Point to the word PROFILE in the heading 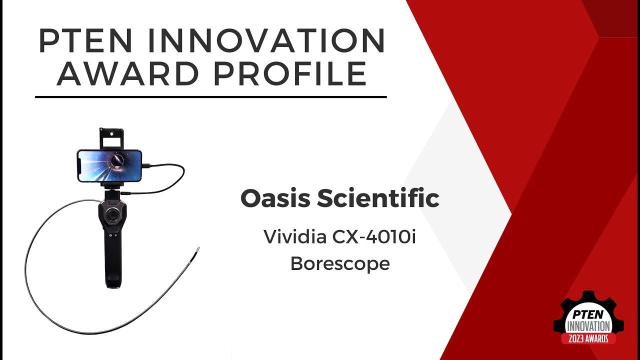pyautogui.click(x=289, y=73)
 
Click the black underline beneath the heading pyautogui.click(x=210, y=96)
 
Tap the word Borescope pyautogui.click(x=340, y=263)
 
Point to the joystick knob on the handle pyautogui.click(x=113, y=216)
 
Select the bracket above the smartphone pyautogui.click(x=110, y=138)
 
